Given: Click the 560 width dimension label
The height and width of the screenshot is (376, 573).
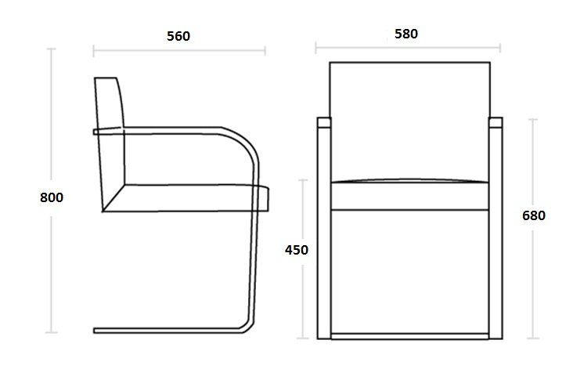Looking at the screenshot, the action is click(x=178, y=36).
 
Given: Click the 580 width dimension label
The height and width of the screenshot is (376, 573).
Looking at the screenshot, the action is click(x=406, y=34).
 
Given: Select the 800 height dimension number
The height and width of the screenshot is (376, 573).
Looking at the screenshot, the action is click(x=52, y=197).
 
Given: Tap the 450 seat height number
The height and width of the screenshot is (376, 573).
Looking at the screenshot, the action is click(x=297, y=250).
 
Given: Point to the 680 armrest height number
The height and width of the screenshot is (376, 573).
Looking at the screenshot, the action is click(x=534, y=215).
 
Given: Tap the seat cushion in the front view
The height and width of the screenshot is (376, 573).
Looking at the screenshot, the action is click(x=409, y=194).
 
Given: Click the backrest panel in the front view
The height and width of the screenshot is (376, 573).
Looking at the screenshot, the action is click(x=409, y=121).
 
